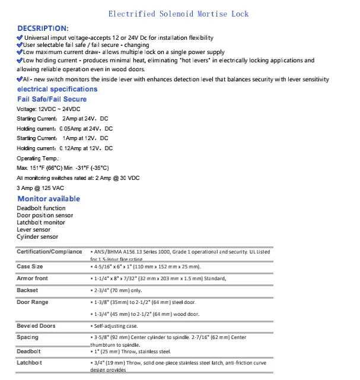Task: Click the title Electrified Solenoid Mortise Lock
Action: point(179,14)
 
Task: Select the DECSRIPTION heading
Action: point(43,28)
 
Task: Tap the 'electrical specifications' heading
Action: point(58,89)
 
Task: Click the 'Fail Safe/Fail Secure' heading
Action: point(52,99)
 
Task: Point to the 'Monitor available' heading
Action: point(49,199)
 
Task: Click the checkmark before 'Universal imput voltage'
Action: point(20,37)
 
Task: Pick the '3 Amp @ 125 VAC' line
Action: point(40,188)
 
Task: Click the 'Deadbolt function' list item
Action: point(41,208)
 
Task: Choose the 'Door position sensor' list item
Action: point(45,216)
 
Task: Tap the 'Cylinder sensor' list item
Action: point(37,237)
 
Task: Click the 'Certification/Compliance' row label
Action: point(49,252)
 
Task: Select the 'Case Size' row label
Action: point(30,267)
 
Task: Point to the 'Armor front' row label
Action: point(33,278)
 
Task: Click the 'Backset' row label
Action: point(27,290)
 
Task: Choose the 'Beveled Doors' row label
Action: point(36,326)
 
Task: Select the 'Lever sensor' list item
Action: point(33,230)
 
